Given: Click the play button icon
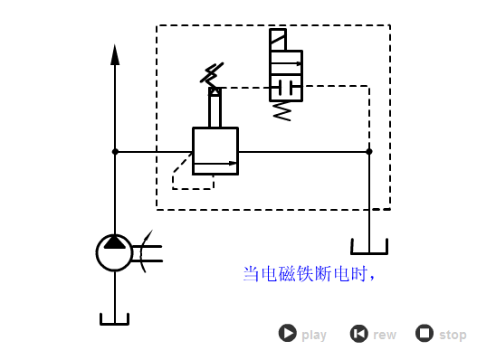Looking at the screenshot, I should [287, 333].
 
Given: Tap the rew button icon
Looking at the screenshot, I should [358, 333].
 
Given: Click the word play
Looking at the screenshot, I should [314, 335].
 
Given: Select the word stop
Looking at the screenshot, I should [453, 335].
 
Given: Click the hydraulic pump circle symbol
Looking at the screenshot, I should [115, 252].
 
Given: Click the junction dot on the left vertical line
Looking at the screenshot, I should [115, 152].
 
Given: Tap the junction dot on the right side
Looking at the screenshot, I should [368, 152].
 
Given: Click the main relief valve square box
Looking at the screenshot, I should [215, 150].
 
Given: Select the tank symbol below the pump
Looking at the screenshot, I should [115, 319].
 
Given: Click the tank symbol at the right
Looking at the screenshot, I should [368, 247].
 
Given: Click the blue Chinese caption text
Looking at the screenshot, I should [308, 273].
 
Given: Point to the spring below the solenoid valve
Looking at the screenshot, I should [282, 111].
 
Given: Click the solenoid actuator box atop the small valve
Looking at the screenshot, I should [278, 40].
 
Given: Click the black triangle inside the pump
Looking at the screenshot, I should [115, 242].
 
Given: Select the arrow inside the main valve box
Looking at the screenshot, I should [216, 164].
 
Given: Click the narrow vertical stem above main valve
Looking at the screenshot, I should [215, 110].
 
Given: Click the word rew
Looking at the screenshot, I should [385, 335].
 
